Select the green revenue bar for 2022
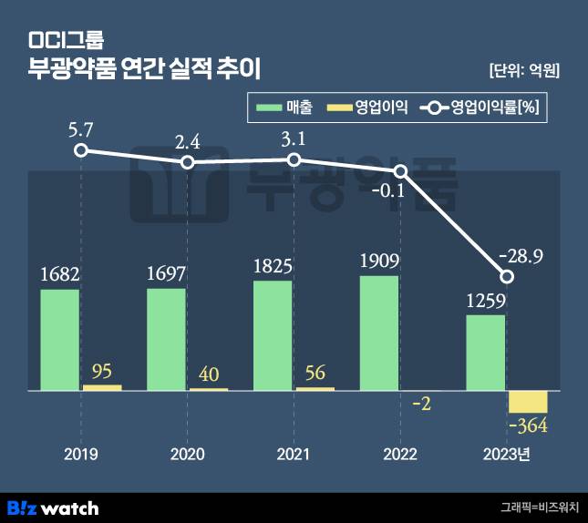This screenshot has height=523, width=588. coord(378,333)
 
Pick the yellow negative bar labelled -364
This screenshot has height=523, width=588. coord(528,401)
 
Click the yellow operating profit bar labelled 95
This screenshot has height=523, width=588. coord(101,387)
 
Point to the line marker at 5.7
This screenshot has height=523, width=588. coord(81,150)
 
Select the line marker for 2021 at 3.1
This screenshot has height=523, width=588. coord(294,159)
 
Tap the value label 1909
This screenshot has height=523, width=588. coord(378,261)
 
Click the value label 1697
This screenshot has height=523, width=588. coord(166,273)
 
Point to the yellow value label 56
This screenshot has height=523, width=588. coord(315,372)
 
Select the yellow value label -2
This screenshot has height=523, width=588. coord(421,403)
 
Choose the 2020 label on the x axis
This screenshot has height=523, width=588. coord(188,453)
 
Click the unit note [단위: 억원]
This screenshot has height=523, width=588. coord(523,70)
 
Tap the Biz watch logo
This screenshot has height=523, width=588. coord(53,508)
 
